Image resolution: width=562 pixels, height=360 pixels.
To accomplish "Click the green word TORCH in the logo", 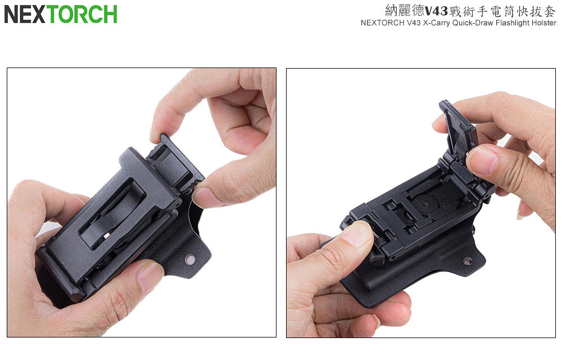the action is (82, 14).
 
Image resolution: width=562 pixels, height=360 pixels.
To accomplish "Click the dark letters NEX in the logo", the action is (25, 14).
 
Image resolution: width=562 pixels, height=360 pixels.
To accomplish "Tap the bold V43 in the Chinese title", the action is (436, 11).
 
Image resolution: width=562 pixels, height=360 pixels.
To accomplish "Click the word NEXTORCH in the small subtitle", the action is (382, 23).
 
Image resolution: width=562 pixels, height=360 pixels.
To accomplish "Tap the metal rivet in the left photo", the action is (190, 260).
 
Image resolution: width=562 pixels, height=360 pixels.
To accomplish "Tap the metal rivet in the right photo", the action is (468, 261).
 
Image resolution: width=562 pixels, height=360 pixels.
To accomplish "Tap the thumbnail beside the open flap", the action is (482, 160).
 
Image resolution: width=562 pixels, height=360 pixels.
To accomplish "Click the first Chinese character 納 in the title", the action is (391, 11).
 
